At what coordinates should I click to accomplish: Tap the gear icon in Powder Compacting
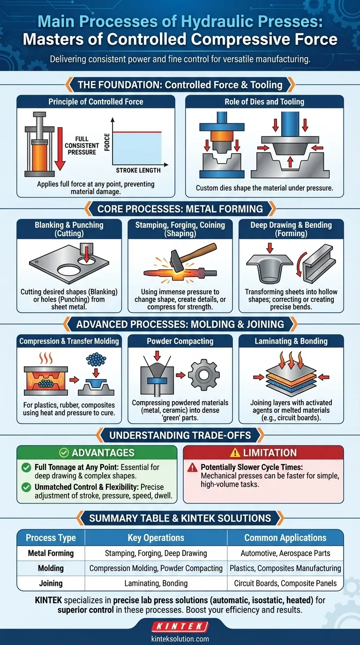pyautogui.click(x=204, y=375)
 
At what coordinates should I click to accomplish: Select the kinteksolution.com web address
pyautogui.click(x=180, y=639)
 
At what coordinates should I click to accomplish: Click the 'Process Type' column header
pyautogui.click(x=51, y=538)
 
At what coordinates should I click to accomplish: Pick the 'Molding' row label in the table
pyautogui.click(x=51, y=568)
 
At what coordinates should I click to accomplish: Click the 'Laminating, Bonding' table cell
pyautogui.click(x=156, y=584)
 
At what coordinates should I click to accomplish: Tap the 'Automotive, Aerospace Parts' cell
pyautogui.click(x=285, y=553)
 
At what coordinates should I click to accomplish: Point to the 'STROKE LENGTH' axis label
pyautogui.click(x=138, y=170)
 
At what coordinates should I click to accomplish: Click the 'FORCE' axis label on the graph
pyautogui.click(x=107, y=142)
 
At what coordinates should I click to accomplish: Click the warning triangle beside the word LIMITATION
pyautogui.click(x=235, y=453)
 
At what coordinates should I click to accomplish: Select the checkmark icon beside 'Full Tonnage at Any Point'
pyautogui.click(x=26, y=467)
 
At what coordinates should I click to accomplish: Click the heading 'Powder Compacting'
pyautogui.click(x=180, y=341)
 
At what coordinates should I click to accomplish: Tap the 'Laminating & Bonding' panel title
pyautogui.click(x=291, y=341)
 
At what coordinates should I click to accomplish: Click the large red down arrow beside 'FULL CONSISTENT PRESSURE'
pyautogui.click(x=60, y=149)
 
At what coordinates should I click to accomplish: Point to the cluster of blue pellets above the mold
pyautogui.click(x=96, y=360)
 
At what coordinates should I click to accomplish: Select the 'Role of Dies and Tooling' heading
pyautogui.click(x=264, y=102)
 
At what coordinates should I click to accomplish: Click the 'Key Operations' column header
pyautogui.click(x=156, y=538)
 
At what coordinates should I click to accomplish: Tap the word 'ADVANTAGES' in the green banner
pyautogui.click(x=103, y=453)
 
